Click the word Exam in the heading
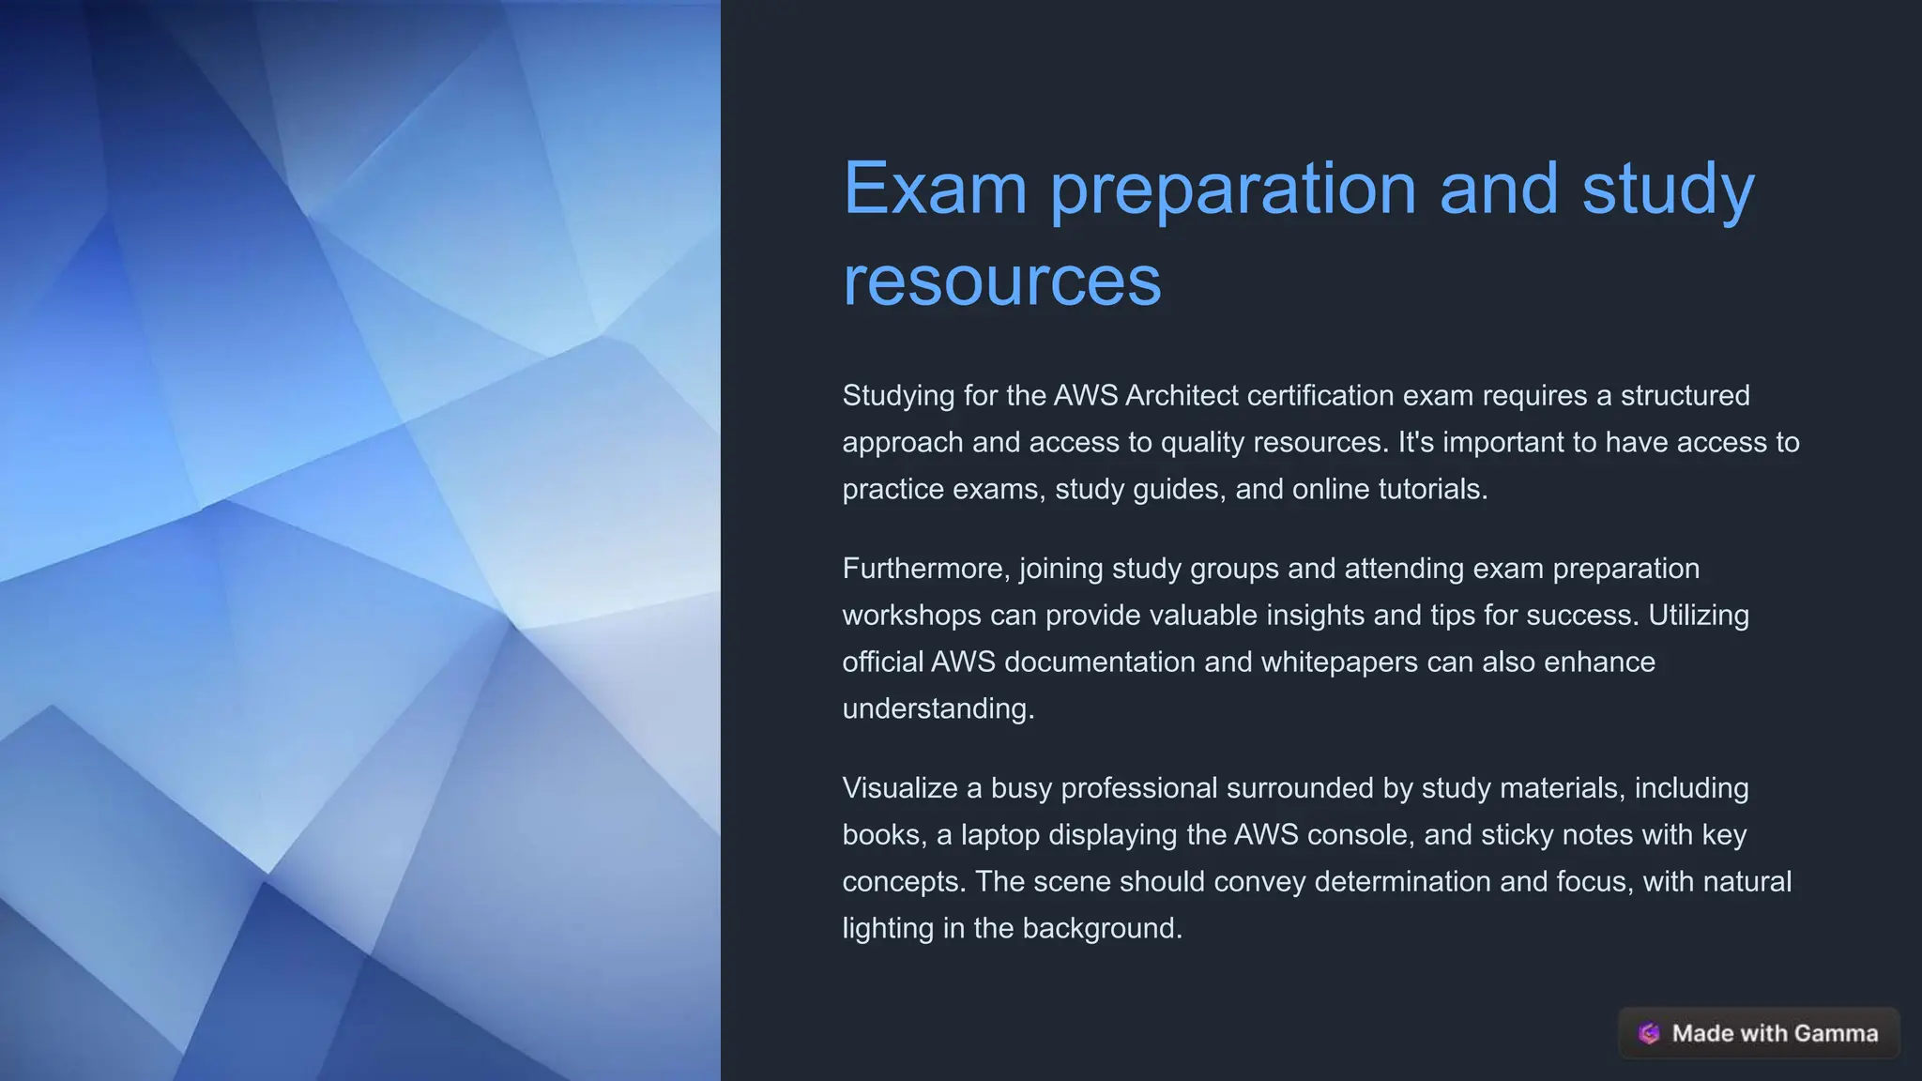[x=935, y=189]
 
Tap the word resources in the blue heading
[x=1001, y=281]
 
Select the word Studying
[x=898, y=396]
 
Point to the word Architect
[x=1182, y=396]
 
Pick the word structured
[x=1685, y=396]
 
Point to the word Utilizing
[x=1699, y=616]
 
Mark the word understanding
[x=938, y=708]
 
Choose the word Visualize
[x=900, y=788]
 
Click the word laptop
[x=999, y=835]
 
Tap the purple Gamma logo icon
[x=1649, y=1033]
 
